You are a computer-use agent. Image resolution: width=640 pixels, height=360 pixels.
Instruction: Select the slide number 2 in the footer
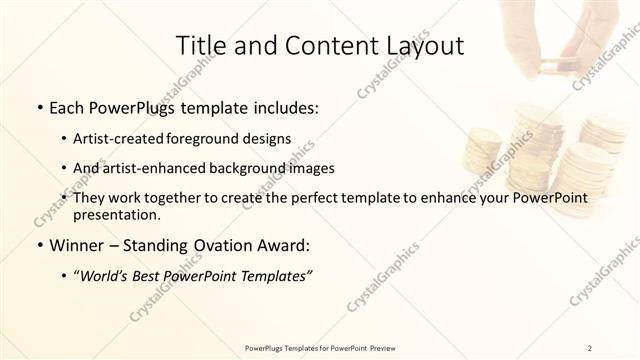[x=591, y=347]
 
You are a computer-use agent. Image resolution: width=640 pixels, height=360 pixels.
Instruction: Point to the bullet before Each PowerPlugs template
[x=39, y=107]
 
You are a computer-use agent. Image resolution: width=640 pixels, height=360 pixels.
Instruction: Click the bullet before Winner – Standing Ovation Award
[x=39, y=245]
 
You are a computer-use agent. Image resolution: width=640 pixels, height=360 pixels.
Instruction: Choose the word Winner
[x=79, y=245]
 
